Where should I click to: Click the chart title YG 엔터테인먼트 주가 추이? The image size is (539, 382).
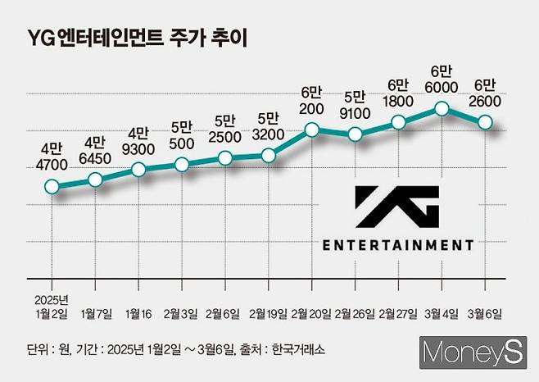coord(137,37)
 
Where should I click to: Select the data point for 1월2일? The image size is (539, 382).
coord(52,187)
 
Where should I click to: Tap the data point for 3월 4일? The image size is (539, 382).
coord(442,108)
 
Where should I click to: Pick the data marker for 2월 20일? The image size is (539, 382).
coord(311,129)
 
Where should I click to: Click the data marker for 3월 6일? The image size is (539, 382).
coord(485,122)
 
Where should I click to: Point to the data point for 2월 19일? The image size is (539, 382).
coord(268,155)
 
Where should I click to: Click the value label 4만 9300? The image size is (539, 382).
coord(138,140)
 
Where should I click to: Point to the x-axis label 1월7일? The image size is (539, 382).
coord(96,313)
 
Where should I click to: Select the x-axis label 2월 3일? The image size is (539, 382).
coord(182,313)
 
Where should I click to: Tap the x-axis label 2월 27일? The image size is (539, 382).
coord(398,313)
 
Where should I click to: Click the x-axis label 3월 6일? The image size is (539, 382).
coord(485,313)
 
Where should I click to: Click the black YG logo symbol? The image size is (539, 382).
coord(397,206)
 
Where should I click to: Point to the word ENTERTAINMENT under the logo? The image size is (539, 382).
coord(397,244)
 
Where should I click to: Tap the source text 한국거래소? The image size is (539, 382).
coord(298,349)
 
